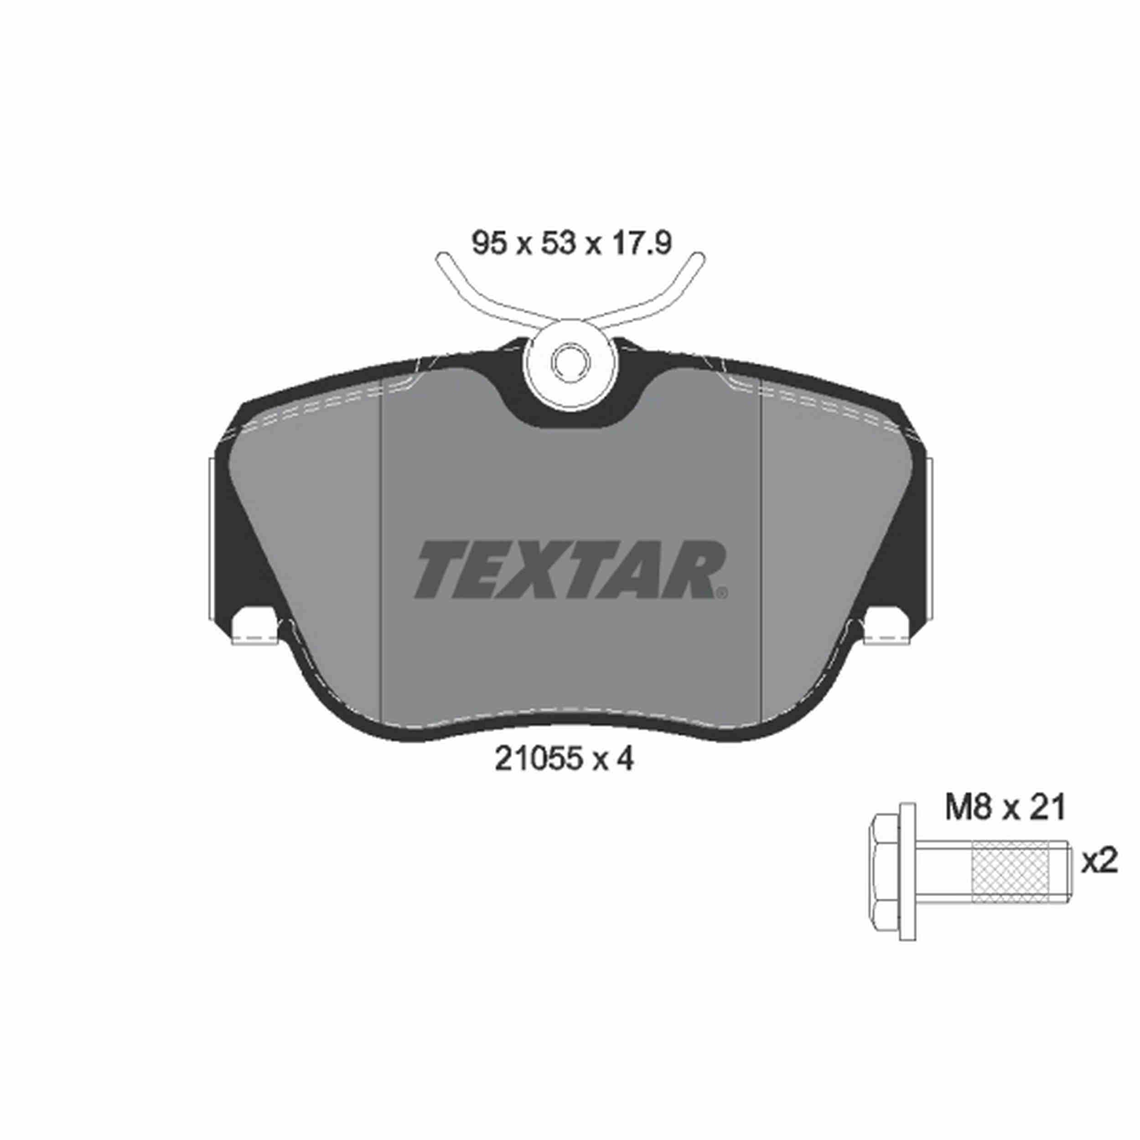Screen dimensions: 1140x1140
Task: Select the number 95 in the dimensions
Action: [490, 243]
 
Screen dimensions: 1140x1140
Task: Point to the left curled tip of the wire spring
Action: [442, 258]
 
